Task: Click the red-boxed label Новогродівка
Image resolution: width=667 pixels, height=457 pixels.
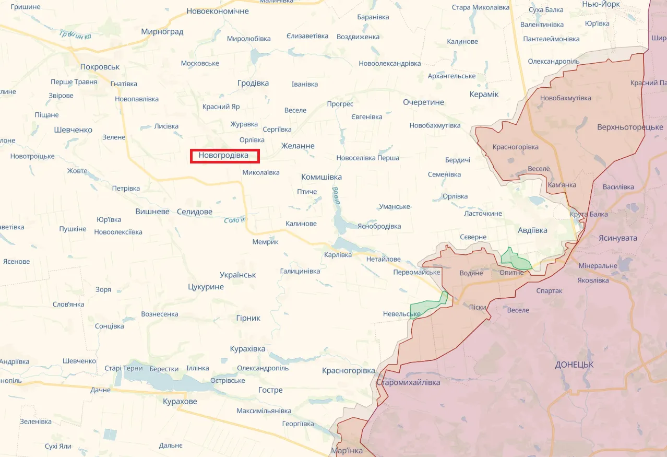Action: [224, 156]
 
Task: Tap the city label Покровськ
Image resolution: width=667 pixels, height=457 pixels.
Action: [100, 67]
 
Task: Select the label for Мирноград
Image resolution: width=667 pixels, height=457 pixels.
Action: [162, 31]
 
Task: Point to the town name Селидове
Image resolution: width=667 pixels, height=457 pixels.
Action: [195, 212]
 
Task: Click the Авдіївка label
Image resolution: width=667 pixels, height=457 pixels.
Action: [532, 230]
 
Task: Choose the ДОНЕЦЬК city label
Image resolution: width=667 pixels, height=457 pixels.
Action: [574, 365]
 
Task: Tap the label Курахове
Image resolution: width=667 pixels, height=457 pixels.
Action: [180, 401]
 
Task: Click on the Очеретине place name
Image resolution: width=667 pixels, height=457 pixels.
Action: [423, 102]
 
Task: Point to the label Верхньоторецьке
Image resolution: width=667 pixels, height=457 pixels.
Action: [630, 127]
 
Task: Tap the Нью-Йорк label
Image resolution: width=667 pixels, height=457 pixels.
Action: [601, 4]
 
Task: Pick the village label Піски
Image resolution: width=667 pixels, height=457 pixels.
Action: [478, 307]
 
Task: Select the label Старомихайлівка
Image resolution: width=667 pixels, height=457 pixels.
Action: [408, 382]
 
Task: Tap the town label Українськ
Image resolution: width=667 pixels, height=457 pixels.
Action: [237, 275]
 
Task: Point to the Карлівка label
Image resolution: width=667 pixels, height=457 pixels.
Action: [338, 255]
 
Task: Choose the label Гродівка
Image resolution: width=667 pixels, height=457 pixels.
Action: [253, 83]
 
